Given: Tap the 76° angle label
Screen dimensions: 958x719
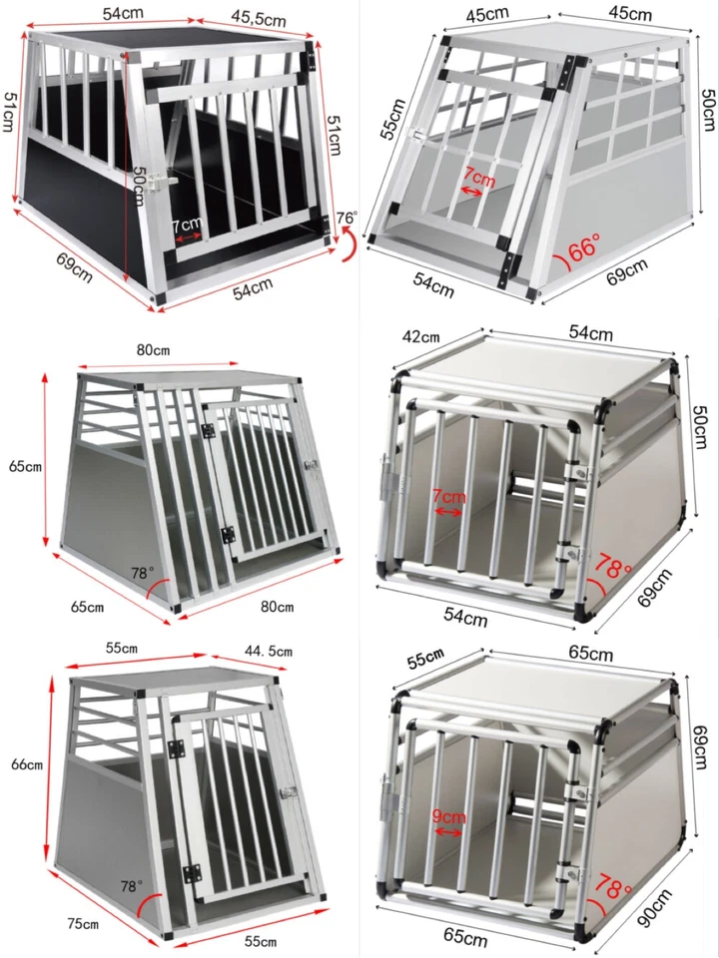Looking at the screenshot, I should [347, 219].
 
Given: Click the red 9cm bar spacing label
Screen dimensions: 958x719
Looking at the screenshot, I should [448, 815].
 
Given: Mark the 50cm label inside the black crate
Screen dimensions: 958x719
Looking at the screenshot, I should [138, 180].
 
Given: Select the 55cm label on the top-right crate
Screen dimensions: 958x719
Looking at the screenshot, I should [394, 119].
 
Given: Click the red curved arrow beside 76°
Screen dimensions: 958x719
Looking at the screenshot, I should [349, 243].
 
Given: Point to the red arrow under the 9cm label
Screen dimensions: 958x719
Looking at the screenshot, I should [448, 830].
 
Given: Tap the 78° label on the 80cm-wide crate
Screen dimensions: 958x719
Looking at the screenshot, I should [143, 575].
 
